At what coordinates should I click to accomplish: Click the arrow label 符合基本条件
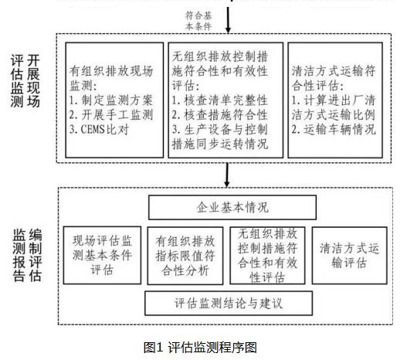point(198,21)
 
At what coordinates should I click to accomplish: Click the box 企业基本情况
point(232,207)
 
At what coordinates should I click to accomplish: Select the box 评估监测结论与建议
point(229,303)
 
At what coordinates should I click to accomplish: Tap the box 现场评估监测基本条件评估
point(102,255)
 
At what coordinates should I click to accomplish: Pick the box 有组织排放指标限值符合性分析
point(185,256)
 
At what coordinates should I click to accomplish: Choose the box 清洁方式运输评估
point(349,256)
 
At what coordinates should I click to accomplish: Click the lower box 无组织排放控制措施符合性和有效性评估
point(267,256)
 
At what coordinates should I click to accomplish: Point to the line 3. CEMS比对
point(99,129)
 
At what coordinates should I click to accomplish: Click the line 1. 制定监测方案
point(111,100)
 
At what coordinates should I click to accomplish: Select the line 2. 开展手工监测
point(111,115)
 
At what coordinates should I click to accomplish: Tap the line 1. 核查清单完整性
point(219,100)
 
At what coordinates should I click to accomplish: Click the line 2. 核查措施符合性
point(219,115)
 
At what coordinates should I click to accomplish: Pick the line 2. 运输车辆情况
point(334,129)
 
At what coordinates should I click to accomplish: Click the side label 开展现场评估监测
point(25,81)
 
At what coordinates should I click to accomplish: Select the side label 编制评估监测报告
point(27,255)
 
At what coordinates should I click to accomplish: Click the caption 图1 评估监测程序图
point(200,348)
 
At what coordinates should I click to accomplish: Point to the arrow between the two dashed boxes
point(227,175)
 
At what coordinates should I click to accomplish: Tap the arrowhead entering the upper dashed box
point(228,29)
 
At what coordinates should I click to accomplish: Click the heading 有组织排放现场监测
point(111,78)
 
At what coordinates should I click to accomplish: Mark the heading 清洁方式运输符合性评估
point(334,78)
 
